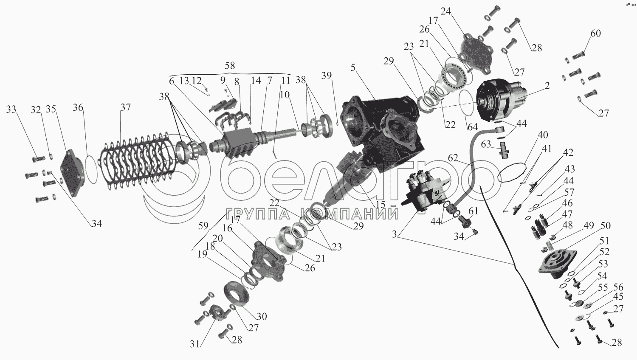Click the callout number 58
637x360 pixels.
coord(230,66)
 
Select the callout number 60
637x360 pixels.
coord(596,33)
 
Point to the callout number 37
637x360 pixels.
coord(125,107)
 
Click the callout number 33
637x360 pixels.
coord(11,110)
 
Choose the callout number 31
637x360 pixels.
coord(194,344)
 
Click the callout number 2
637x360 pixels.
coord(547,85)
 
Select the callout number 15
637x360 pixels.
coord(381,205)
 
